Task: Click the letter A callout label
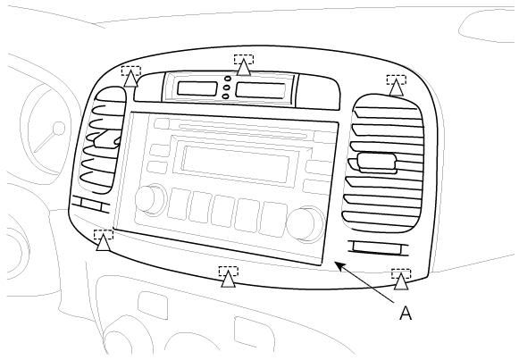[x=406, y=313]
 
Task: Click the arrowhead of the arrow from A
[x=338, y=264]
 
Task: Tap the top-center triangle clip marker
[x=244, y=67]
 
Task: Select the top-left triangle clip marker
[x=131, y=79]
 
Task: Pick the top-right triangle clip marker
[x=397, y=88]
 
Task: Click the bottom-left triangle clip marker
[x=104, y=242]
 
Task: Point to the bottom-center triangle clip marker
[x=228, y=279]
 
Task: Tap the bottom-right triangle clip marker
[x=401, y=281]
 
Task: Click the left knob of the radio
[x=149, y=199]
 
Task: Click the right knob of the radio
[x=306, y=223]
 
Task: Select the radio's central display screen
[x=235, y=164]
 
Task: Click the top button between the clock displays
[x=228, y=79]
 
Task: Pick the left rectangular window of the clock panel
[x=197, y=88]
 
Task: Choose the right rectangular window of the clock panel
[x=261, y=90]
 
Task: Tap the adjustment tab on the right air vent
[x=377, y=163]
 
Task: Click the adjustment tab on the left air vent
[x=106, y=138]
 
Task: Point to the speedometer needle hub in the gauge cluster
[x=59, y=129]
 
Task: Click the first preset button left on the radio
[x=179, y=204]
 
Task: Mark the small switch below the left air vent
[x=91, y=204]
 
